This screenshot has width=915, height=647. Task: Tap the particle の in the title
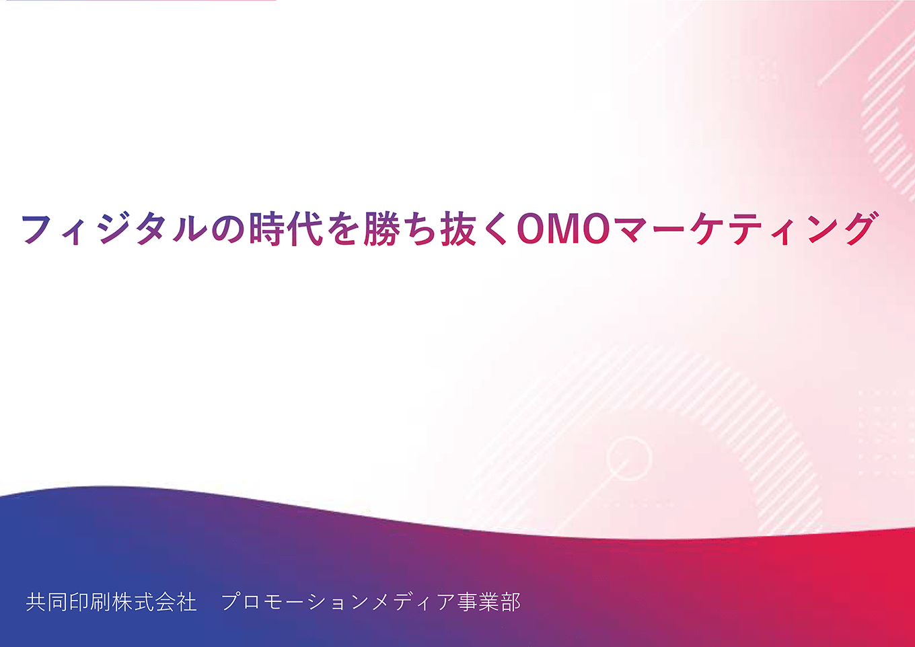coord(229,229)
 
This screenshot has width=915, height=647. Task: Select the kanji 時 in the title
coord(267,229)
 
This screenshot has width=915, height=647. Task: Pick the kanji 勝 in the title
coord(381,229)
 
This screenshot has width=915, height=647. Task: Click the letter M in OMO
coord(564,229)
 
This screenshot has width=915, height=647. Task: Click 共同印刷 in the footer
coord(69,602)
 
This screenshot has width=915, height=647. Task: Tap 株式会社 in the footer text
coord(154,602)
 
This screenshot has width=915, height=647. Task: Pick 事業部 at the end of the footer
coord(488,602)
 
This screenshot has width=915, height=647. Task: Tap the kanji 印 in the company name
coord(79,602)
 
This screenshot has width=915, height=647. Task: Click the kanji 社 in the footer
coord(186,602)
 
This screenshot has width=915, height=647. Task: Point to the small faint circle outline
coord(629,458)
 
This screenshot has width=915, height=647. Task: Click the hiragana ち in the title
coord(420,229)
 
